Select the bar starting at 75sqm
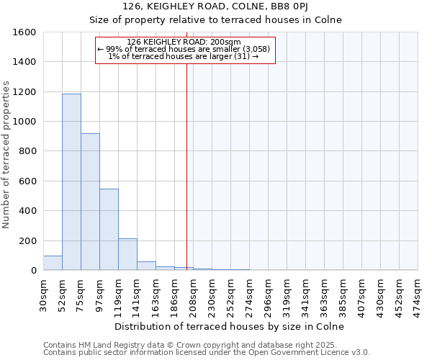[x=90, y=202]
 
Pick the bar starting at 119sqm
[x=127, y=254]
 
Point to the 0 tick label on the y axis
[x=33, y=271]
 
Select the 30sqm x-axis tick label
[x=43, y=292]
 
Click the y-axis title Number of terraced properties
[x=6, y=155]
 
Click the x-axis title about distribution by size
[x=230, y=326]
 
